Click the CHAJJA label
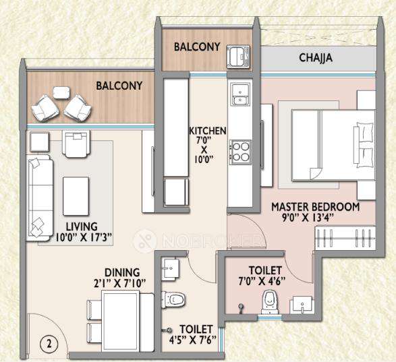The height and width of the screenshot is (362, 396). tap(316, 58)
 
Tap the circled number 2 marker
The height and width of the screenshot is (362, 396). tap(49, 342)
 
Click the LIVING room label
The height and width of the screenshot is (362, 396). tap(81, 226)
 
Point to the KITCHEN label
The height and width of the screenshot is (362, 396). tap(207, 130)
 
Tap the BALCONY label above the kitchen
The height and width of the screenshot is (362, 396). tap(196, 47)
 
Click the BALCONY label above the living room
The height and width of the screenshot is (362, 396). tap(119, 86)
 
